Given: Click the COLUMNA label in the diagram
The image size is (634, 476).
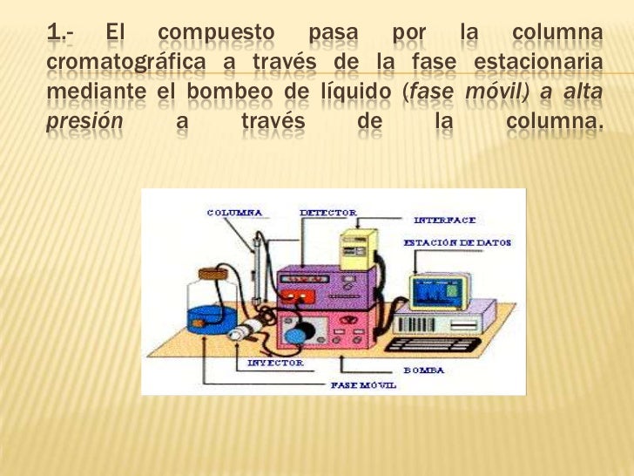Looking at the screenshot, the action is [x=235, y=212].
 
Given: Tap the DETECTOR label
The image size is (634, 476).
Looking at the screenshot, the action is [x=327, y=212].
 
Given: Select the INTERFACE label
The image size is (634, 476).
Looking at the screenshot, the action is [x=444, y=221].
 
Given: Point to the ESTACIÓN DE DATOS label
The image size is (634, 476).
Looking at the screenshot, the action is [x=457, y=242].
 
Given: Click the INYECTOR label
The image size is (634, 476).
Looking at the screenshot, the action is [x=276, y=362].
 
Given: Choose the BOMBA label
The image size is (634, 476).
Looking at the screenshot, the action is [x=423, y=370].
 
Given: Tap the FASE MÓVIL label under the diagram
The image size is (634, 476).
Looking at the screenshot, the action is [x=363, y=384].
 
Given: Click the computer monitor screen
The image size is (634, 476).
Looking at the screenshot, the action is [x=437, y=292].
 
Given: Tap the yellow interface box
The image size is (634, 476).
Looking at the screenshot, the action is [x=359, y=248].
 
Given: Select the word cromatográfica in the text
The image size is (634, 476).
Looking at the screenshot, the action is [x=125, y=64].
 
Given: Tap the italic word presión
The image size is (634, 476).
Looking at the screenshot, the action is [x=84, y=121].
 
